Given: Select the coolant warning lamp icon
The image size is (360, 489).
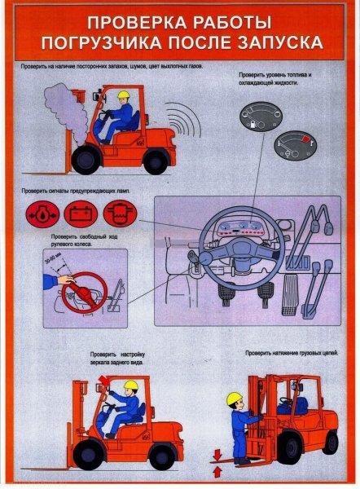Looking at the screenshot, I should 121,214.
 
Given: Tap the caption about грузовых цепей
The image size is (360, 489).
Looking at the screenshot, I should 291,353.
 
